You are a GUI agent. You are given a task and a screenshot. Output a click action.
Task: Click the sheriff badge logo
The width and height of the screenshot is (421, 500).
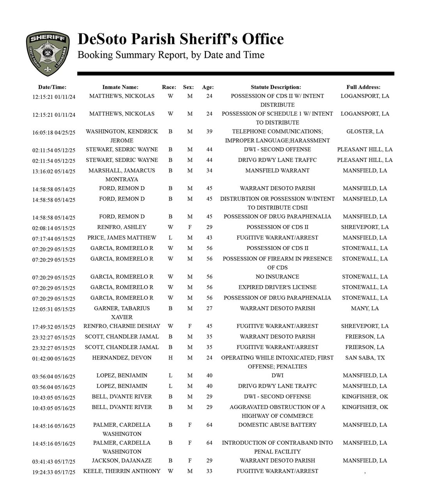tap(48, 53)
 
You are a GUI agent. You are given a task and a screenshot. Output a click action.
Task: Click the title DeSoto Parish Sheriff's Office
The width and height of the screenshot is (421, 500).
tap(180, 39)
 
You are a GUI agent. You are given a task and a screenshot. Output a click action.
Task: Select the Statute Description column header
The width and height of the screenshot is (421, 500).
tap(276, 87)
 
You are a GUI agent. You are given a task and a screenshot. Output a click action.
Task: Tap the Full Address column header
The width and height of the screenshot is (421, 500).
tap(363, 87)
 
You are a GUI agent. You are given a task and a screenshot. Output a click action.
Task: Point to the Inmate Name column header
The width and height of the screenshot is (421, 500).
tap(120, 87)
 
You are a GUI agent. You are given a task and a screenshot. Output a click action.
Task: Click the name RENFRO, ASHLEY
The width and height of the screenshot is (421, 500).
tap(122, 227)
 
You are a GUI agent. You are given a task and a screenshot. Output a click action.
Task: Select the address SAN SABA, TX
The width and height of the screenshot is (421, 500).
tap(365, 357)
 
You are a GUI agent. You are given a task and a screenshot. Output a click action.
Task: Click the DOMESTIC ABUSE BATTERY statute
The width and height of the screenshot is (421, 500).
tap(277, 425)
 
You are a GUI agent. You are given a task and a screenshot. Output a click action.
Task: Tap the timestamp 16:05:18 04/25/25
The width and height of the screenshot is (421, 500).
tap(54, 132)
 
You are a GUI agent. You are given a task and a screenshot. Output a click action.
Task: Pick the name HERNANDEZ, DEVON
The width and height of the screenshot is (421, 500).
tap(122, 357)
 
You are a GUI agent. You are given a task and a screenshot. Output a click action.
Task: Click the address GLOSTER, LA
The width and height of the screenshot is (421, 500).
tap(365, 132)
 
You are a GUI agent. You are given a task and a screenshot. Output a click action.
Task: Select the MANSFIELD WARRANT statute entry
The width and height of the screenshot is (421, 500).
tap(277, 171)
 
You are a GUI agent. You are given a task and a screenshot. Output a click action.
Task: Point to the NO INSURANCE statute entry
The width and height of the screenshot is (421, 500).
tap(277, 277)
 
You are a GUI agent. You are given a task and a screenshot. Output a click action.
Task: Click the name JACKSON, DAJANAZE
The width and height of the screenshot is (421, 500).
tap(122, 461)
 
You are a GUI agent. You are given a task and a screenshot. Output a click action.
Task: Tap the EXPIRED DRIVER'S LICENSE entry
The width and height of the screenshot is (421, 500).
tap(277, 287)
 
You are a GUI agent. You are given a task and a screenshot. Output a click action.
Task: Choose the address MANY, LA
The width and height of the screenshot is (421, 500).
tap(365, 308)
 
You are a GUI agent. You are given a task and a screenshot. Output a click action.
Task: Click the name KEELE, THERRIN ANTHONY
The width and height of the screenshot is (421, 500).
tap(122, 471)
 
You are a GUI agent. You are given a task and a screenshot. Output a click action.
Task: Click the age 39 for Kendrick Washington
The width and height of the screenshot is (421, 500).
tap(209, 132)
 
